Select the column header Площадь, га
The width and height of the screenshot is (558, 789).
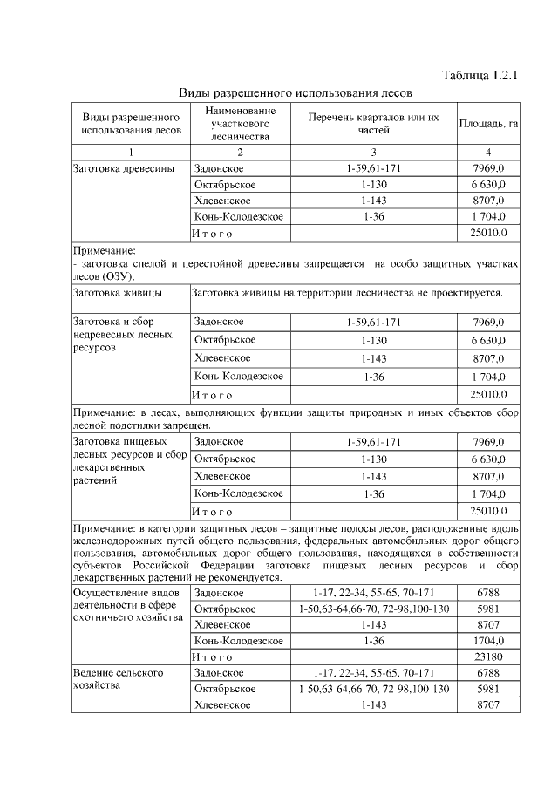click(488, 124)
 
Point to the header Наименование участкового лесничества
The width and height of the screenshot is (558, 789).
click(240, 124)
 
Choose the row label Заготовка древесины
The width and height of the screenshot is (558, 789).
click(123, 167)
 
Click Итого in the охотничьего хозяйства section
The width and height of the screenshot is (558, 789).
click(213, 656)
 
